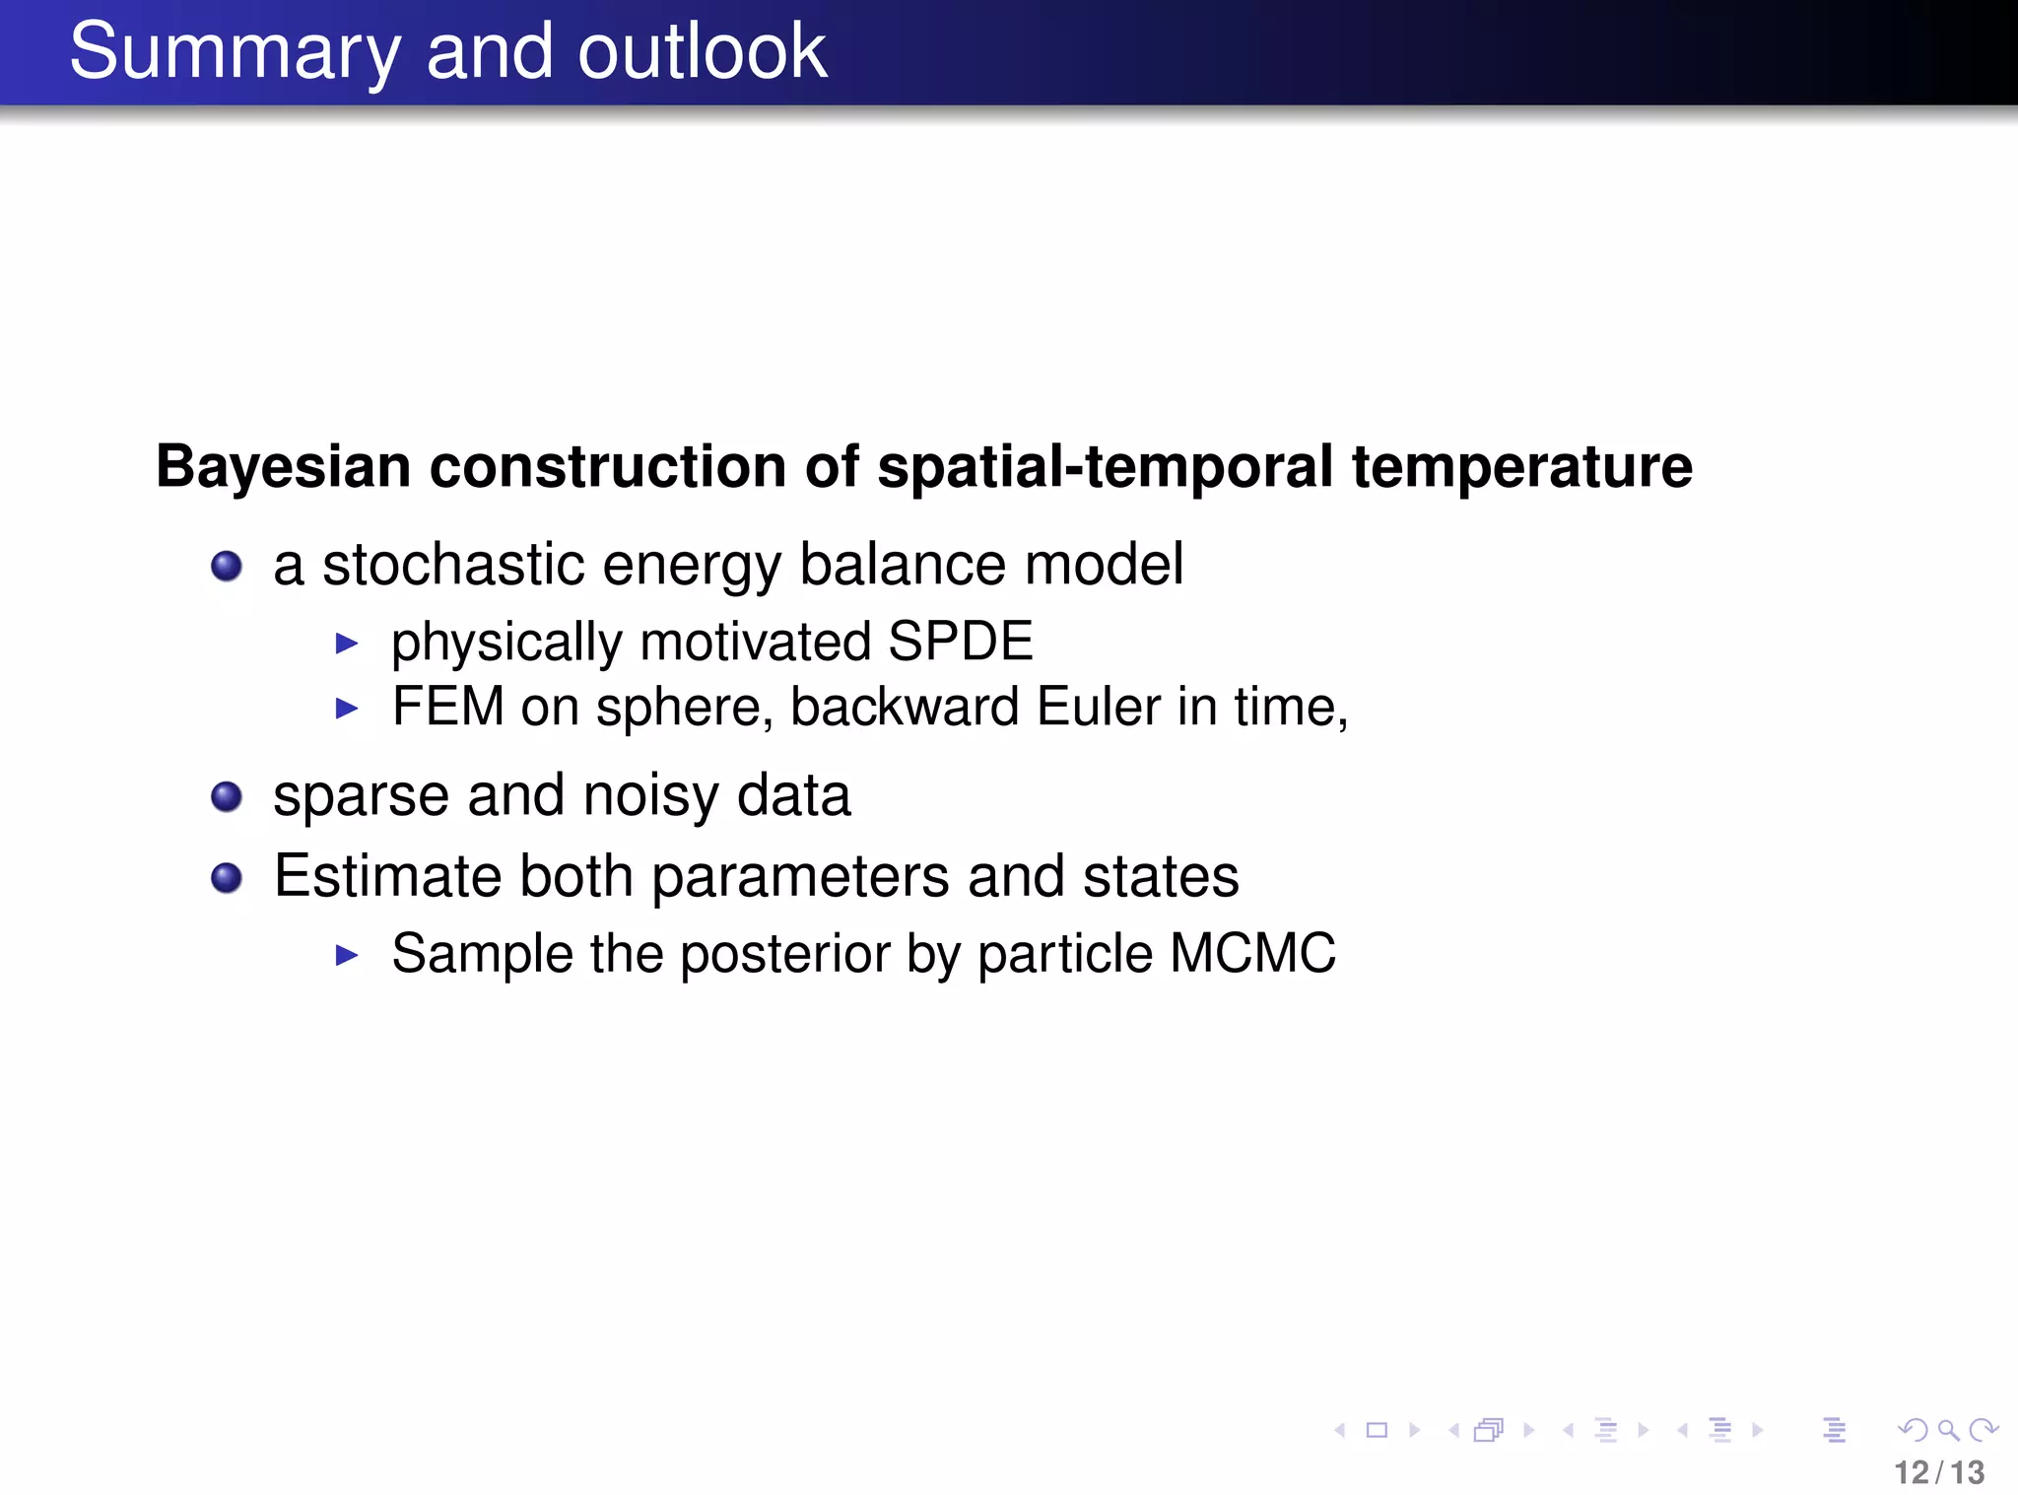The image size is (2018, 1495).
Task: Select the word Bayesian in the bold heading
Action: pyautogui.click(x=283, y=466)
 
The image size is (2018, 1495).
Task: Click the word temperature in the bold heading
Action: pyautogui.click(x=1521, y=466)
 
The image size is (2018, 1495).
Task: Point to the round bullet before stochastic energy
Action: pyautogui.click(x=227, y=566)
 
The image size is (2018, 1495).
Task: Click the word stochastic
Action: pyautogui.click(x=454, y=565)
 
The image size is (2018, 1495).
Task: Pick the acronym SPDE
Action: pyautogui.click(x=960, y=642)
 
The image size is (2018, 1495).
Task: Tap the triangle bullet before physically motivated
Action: pyautogui.click(x=346, y=644)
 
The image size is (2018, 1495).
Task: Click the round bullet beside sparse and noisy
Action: pyautogui.click(x=227, y=796)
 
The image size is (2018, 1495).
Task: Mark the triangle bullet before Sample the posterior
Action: pyautogui.click(x=346, y=954)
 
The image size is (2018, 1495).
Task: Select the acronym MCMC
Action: pyautogui.click(x=1252, y=953)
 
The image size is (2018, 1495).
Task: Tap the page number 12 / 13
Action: pyautogui.click(x=1938, y=1472)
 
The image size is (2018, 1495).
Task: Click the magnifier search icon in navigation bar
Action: pyautogui.click(x=1947, y=1430)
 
